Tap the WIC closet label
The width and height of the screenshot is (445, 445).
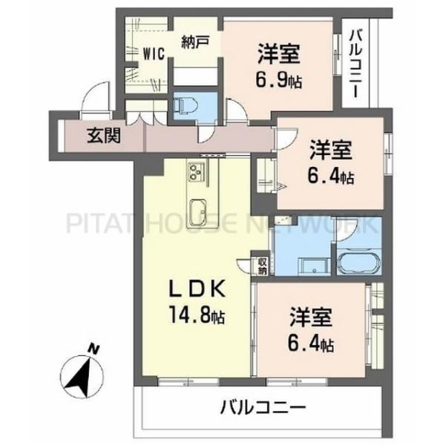153,53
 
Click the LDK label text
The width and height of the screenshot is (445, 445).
197,289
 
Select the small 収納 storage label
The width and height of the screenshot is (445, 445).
263,266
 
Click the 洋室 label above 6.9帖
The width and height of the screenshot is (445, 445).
280,54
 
